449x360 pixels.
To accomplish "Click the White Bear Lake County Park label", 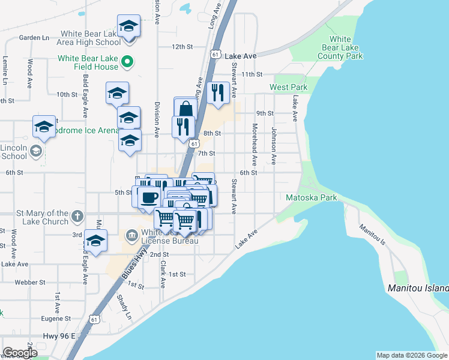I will (x=340, y=47).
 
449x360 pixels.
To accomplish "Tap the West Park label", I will (x=288, y=87).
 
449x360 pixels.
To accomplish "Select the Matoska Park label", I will (x=311, y=197).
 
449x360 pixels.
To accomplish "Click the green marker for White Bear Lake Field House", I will (x=127, y=61).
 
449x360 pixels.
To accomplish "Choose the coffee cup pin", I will (x=150, y=197).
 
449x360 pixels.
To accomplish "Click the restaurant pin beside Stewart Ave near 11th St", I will (x=217, y=92).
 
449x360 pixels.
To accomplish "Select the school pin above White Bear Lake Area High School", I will (x=128, y=26).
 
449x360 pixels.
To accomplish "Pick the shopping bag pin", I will (x=186, y=109).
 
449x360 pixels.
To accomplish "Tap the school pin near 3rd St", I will (x=95, y=241).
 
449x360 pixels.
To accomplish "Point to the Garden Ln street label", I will (x=34, y=37).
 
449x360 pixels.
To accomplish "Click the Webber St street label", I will (x=30, y=282).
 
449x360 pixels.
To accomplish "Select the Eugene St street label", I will (x=56, y=319).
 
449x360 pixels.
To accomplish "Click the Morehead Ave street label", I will (x=255, y=145).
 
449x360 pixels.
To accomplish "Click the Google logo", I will (x=20, y=353).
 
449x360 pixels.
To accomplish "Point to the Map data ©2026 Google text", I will (x=411, y=355).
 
